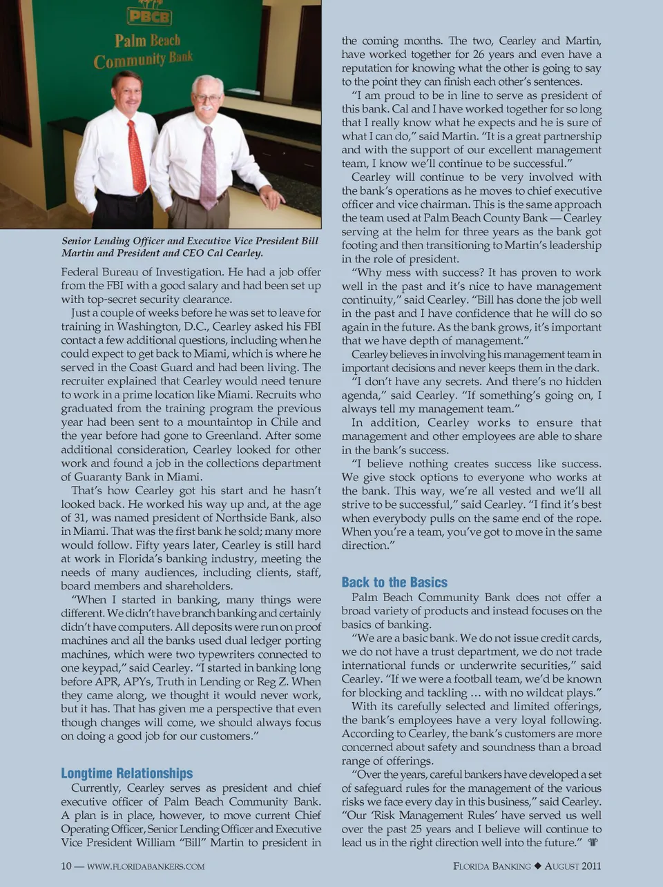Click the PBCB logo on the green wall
coord(148,15)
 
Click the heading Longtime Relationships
coord(127,773)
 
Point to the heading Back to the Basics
coord(394,582)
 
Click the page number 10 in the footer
coord(66,866)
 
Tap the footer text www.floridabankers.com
coord(146,866)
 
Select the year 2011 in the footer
coord(591,866)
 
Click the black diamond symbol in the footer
coord(537,866)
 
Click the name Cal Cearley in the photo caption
coord(235,253)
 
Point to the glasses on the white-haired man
coord(208,98)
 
